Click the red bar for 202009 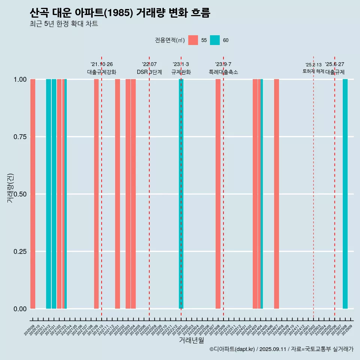click(x=33, y=194)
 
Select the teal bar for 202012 click(x=48, y=194)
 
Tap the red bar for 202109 click(x=96, y=194)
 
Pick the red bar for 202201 click(x=117, y=194)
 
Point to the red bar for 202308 click(x=218, y=194)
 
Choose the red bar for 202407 click(x=276, y=194)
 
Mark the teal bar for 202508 click(x=345, y=194)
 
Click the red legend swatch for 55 click(x=193, y=40)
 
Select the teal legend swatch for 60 click(x=215, y=40)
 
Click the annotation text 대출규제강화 click(x=102, y=72)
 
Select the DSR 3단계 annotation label click(x=149, y=72)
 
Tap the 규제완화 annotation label click(x=181, y=72)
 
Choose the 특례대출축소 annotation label click(x=223, y=72)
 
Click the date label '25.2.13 click(x=313, y=65)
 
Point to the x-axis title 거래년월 click(x=191, y=340)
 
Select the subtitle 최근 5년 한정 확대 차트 click(x=64, y=24)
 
